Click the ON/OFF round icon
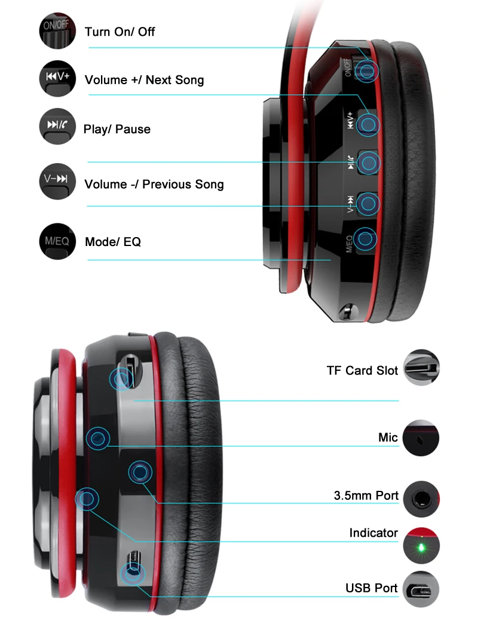pos(57,30)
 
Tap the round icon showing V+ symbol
pos(57,78)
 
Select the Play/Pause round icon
pos(57,126)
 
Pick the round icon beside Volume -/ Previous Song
pos(57,181)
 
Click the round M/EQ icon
pos(57,241)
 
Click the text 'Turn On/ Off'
pos(120,32)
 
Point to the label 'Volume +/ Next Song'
pos(144,80)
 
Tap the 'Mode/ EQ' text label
pos(113,242)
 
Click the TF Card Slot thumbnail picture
pos(421,367)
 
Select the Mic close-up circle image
pos(421,438)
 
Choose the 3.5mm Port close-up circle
pos(421,499)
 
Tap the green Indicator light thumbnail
pos(421,546)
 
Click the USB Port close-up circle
pos(421,589)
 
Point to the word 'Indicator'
pos(373,533)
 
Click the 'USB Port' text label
pos(371,588)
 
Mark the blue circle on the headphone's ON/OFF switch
pos(366,71)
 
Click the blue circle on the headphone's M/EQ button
pos(365,239)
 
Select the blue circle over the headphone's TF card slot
pos(121,379)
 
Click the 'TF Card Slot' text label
pos(362,370)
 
